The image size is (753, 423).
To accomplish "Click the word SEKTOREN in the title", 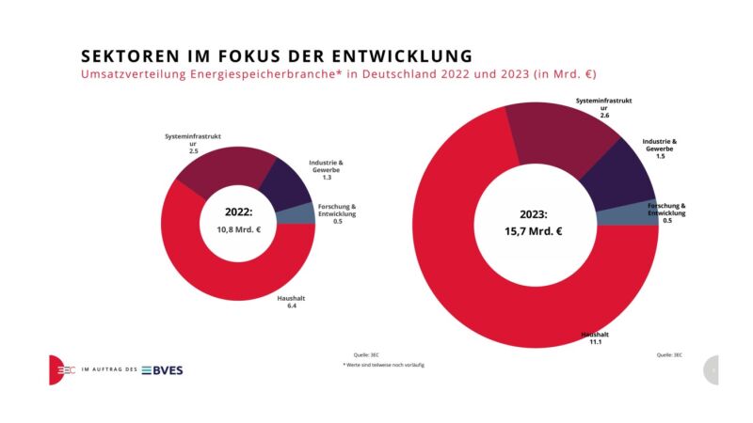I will point(120,55).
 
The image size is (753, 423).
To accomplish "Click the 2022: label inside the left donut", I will point(239,212).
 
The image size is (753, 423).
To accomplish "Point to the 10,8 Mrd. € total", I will point(239,228).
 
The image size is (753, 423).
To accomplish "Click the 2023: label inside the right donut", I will point(532,212).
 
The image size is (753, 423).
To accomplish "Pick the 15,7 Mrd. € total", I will point(532,230).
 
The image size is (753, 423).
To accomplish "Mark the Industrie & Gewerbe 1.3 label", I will point(326,169).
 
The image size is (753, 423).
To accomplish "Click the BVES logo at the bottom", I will point(163,369).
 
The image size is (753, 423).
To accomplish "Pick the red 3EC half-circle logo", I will point(57,369).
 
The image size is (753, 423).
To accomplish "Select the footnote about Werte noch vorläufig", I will point(383,365).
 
